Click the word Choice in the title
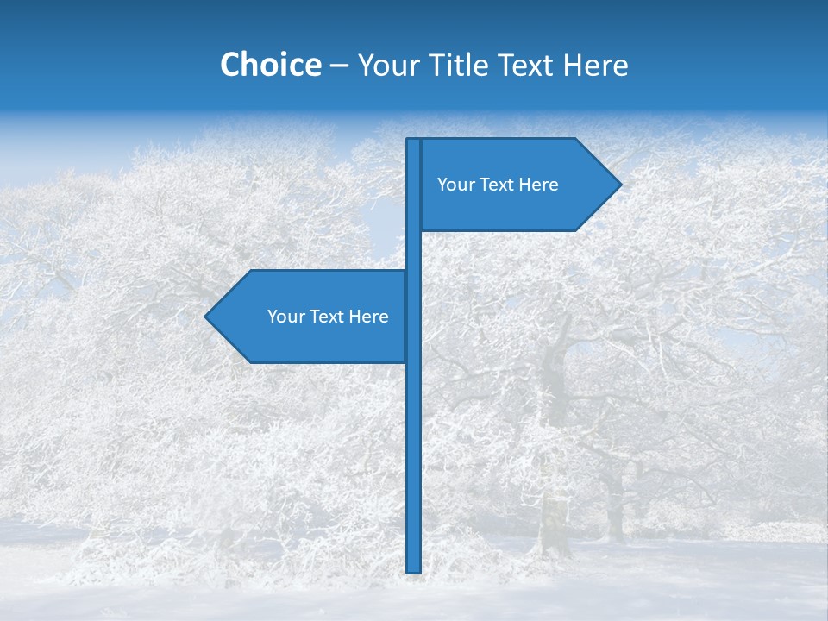click(270, 65)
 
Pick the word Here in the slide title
click(596, 66)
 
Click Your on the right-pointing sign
click(455, 185)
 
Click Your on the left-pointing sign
click(285, 317)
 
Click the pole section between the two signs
click(413, 250)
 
